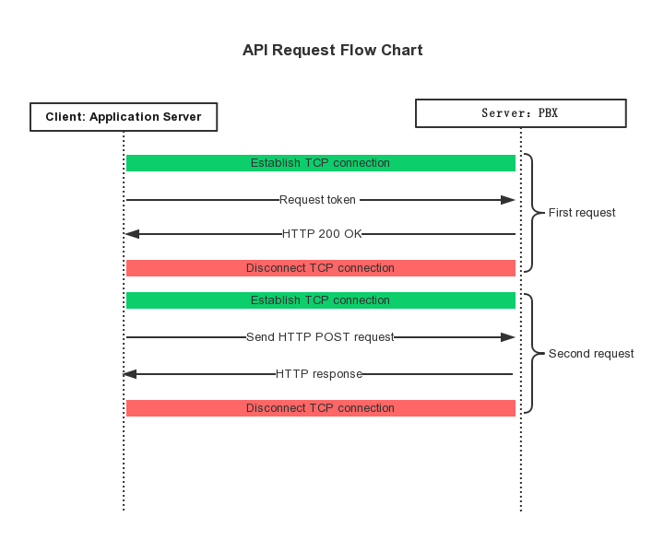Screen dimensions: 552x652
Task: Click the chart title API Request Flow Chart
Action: point(332,51)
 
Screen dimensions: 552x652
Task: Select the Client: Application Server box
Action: point(124,117)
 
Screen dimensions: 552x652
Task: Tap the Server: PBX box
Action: point(520,113)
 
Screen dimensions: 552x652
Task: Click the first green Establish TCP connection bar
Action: point(320,163)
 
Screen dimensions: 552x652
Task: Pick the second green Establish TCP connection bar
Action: point(320,300)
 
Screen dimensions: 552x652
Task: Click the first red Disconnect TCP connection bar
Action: point(320,268)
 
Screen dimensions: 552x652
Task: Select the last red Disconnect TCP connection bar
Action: point(320,408)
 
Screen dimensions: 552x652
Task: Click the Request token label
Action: point(318,200)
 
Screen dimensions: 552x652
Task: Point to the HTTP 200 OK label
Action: point(322,234)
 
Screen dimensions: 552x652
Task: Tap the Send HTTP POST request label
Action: point(320,337)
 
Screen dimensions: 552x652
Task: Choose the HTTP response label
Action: point(318,374)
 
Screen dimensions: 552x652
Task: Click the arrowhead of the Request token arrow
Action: point(508,200)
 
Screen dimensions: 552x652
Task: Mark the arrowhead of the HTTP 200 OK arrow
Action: point(132,234)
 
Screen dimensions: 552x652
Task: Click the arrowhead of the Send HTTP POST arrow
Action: point(508,337)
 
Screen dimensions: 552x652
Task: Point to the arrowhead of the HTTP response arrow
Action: point(130,374)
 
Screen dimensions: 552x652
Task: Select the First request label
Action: point(582,213)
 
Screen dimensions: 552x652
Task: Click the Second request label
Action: point(591,354)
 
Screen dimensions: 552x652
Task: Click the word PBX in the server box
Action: point(548,113)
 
